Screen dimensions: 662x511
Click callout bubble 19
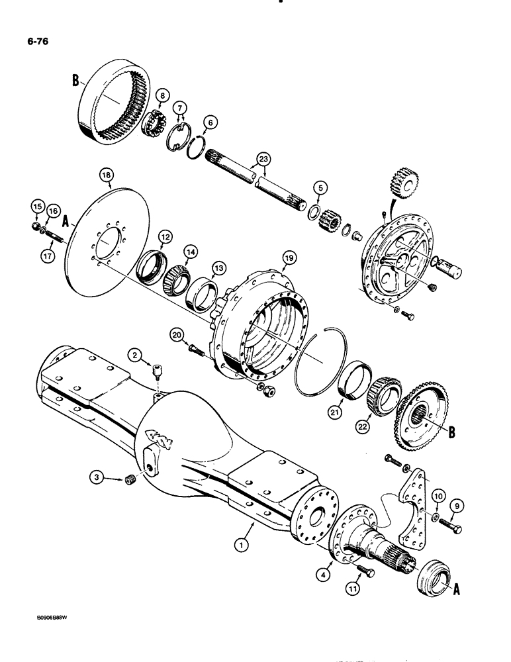(x=288, y=257)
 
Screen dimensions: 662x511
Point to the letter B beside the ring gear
(x=75, y=84)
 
